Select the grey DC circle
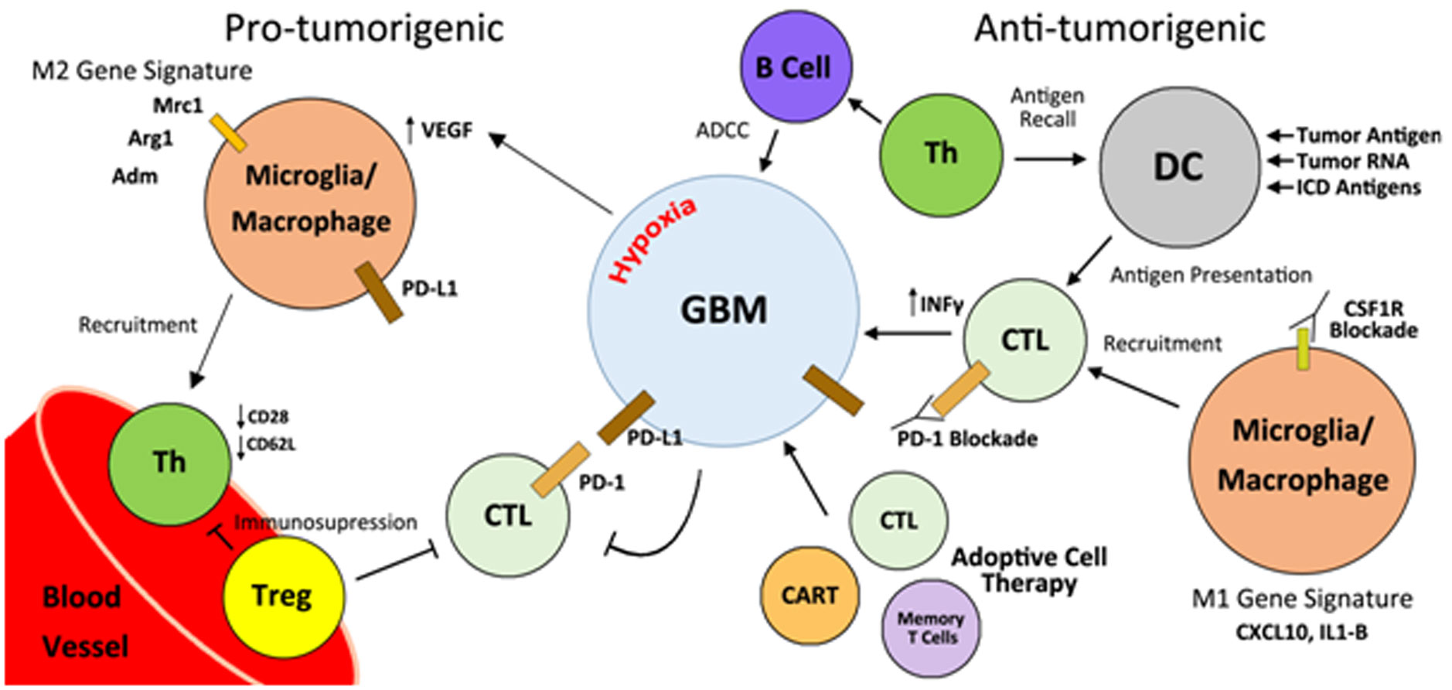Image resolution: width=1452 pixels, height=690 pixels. point(1178,166)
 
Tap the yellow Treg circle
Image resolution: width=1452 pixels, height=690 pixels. point(283,596)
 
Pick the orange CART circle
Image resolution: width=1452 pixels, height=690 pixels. point(810,595)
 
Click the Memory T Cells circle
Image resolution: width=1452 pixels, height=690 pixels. point(930,628)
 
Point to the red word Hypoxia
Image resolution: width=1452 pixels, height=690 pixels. point(653,240)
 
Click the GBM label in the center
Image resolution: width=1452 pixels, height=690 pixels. point(724,310)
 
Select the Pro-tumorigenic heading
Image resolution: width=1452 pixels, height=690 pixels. point(363,29)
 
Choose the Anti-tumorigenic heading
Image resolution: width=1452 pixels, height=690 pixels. point(1119,29)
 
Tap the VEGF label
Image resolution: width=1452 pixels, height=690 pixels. point(445,131)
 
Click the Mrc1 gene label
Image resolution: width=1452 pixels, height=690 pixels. point(177,105)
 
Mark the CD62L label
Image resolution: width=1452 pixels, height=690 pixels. point(271,445)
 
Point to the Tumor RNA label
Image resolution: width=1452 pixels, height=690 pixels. point(1351,162)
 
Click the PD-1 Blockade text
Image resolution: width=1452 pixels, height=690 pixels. point(966,439)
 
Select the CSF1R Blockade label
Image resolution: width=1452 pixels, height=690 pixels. point(1373,319)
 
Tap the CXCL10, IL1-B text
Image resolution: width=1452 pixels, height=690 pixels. point(1301,632)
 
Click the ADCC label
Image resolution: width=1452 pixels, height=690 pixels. point(722,130)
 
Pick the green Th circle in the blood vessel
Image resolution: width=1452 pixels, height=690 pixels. point(170,463)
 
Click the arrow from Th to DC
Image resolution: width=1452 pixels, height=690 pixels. point(1050,159)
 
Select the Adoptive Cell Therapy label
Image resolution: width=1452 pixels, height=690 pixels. point(1029,569)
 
